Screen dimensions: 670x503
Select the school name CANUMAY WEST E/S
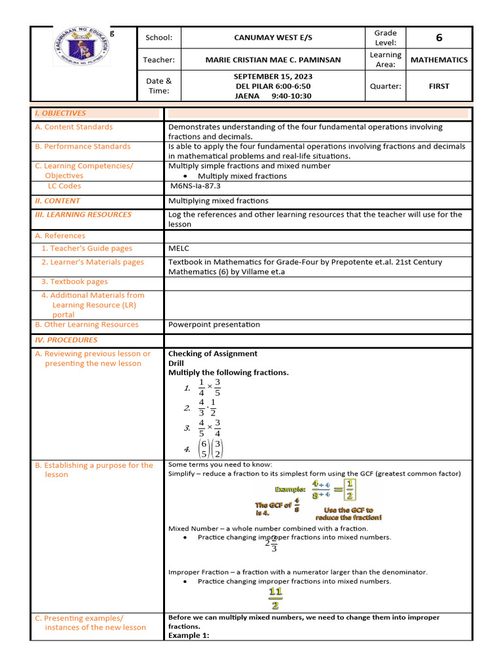pos(272,38)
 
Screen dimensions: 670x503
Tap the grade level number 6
pos(439,38)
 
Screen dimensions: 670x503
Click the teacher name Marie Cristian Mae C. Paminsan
pos(272,60)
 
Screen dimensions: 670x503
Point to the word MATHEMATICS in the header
pos(439,60)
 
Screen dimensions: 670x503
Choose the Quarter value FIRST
pos(439,86)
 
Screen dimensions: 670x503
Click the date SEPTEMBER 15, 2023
pos(272,77)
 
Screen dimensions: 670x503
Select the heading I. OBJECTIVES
pos(60,113)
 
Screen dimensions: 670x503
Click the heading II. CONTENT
pos(58,201)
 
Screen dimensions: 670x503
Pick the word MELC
pos(179,249)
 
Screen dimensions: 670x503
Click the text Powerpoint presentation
pos(214,325)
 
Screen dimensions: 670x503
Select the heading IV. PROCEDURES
pos(66,340)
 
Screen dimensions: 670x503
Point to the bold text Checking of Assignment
pos(213,353)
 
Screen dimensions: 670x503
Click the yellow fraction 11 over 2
pos(276,599)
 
